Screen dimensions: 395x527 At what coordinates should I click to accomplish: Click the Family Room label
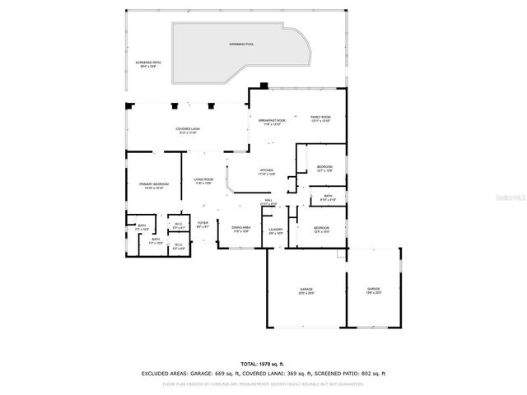click(320, 118)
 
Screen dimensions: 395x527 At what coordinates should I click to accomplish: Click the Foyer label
click(203, 223)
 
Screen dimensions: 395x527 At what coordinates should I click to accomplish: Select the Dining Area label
click(241, 229)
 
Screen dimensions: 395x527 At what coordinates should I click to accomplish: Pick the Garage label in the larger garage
click(305, 290)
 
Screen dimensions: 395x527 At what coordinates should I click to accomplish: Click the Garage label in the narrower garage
click(373, 290)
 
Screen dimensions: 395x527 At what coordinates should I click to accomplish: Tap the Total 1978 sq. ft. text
click(263, 364)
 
